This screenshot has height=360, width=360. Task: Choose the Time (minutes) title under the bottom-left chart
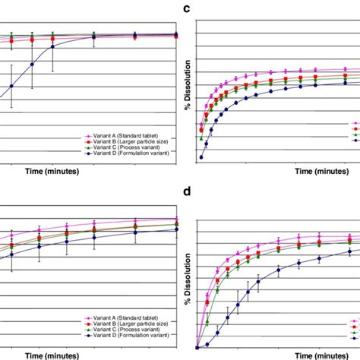(57, 355)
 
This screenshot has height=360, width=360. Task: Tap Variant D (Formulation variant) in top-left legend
(137, 153)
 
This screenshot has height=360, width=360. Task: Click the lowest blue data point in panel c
(201, 157)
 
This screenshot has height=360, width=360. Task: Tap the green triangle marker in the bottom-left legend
(89, 330)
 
